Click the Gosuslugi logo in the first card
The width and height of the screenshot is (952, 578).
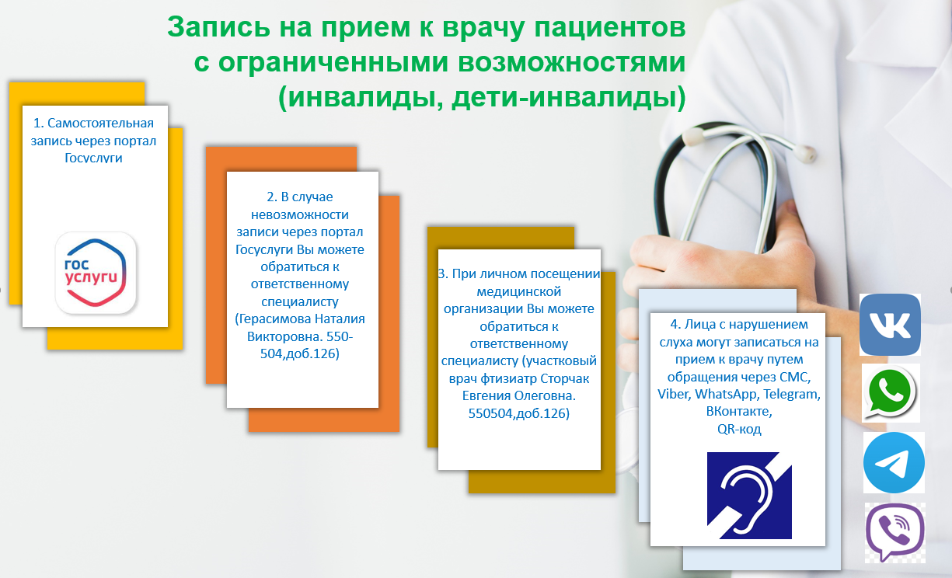pos(96,273)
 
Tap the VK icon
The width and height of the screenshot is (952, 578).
pos(890,325)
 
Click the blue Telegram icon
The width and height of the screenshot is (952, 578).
pos(894,462)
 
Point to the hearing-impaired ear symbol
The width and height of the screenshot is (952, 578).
pos(749,495)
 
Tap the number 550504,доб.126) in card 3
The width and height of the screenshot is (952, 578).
pos(519,414)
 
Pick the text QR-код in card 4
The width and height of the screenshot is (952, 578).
pos(739,429)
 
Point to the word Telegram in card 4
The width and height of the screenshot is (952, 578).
pos(792,394)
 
